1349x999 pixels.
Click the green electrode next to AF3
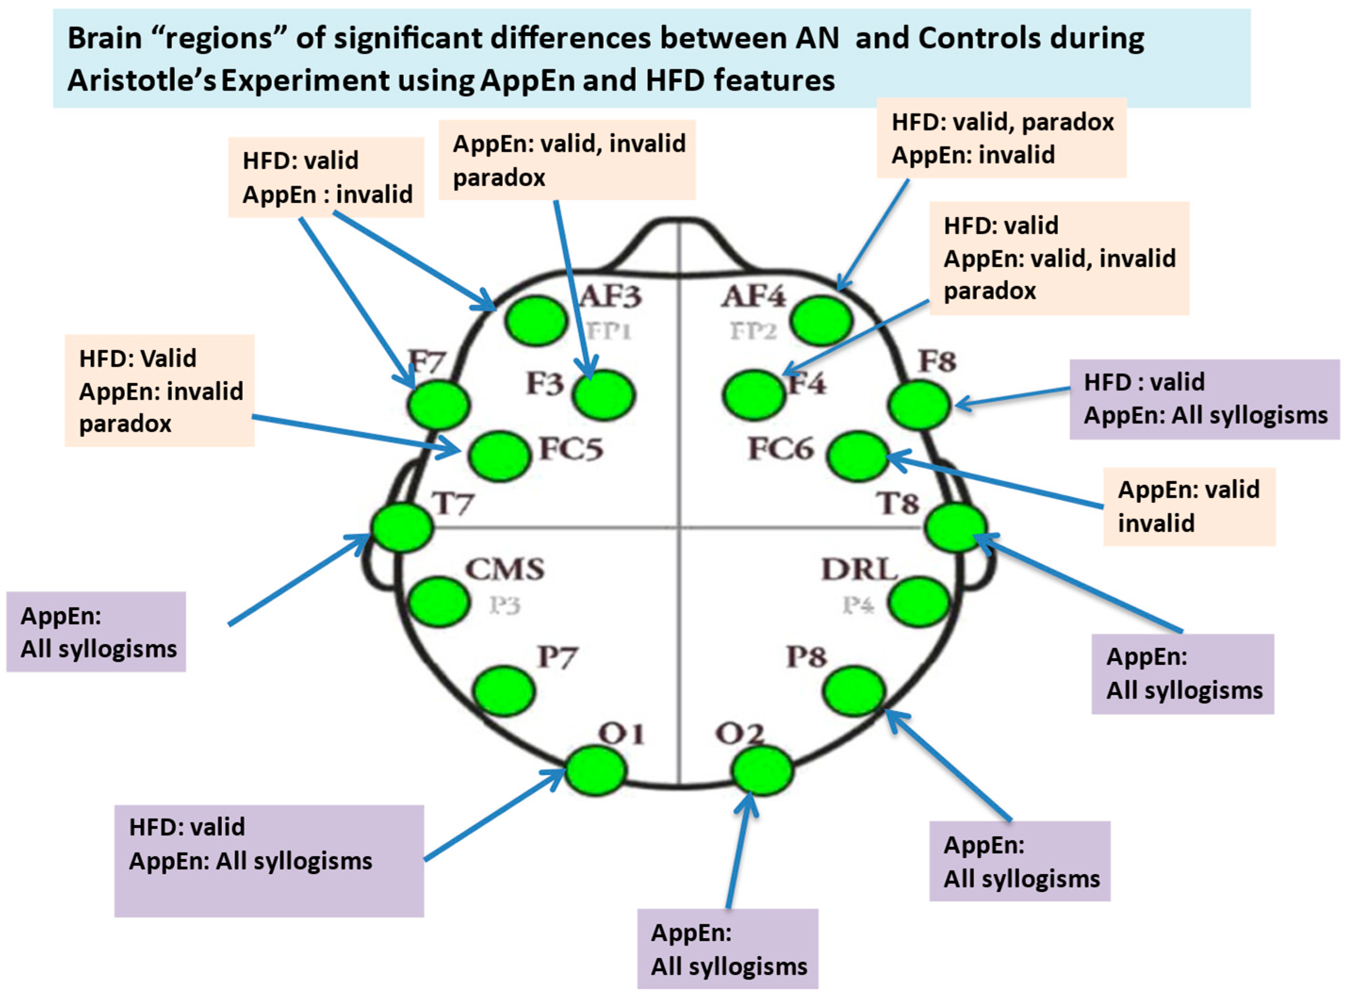point(536,321)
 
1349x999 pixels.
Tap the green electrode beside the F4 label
point(753,395)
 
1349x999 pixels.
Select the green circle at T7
point(402,527)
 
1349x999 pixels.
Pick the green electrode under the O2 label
point(761,770)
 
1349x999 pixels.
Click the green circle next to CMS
point(439,602)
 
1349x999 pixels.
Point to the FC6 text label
point(781,449)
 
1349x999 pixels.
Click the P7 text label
point(557,657)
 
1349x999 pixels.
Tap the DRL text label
point(858,570)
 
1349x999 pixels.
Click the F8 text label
point(937,361)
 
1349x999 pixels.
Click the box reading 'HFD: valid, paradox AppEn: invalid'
point(1001,139)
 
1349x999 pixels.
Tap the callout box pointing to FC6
point(1188,506)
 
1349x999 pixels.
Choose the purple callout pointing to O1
point(269,860)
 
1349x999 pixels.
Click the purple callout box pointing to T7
point(96,631)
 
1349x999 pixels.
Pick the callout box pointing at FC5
point(160,391)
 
